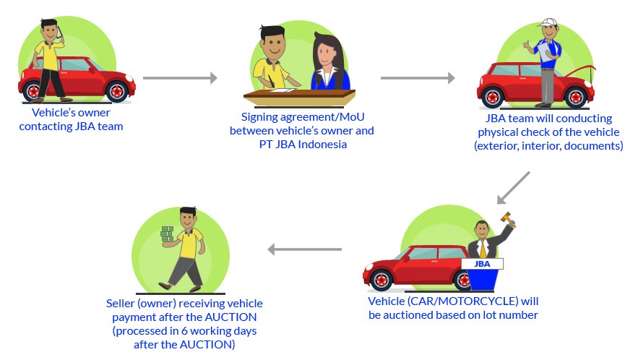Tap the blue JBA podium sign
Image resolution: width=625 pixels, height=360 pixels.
481,264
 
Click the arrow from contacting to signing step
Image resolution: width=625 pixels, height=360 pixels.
180,78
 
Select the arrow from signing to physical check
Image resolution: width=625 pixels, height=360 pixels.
417,78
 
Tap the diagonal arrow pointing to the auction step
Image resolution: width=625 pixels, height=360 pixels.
513,187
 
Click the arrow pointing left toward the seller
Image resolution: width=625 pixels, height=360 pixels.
304,249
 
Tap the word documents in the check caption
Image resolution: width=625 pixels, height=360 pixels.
591,145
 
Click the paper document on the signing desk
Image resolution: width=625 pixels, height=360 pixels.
282,89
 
